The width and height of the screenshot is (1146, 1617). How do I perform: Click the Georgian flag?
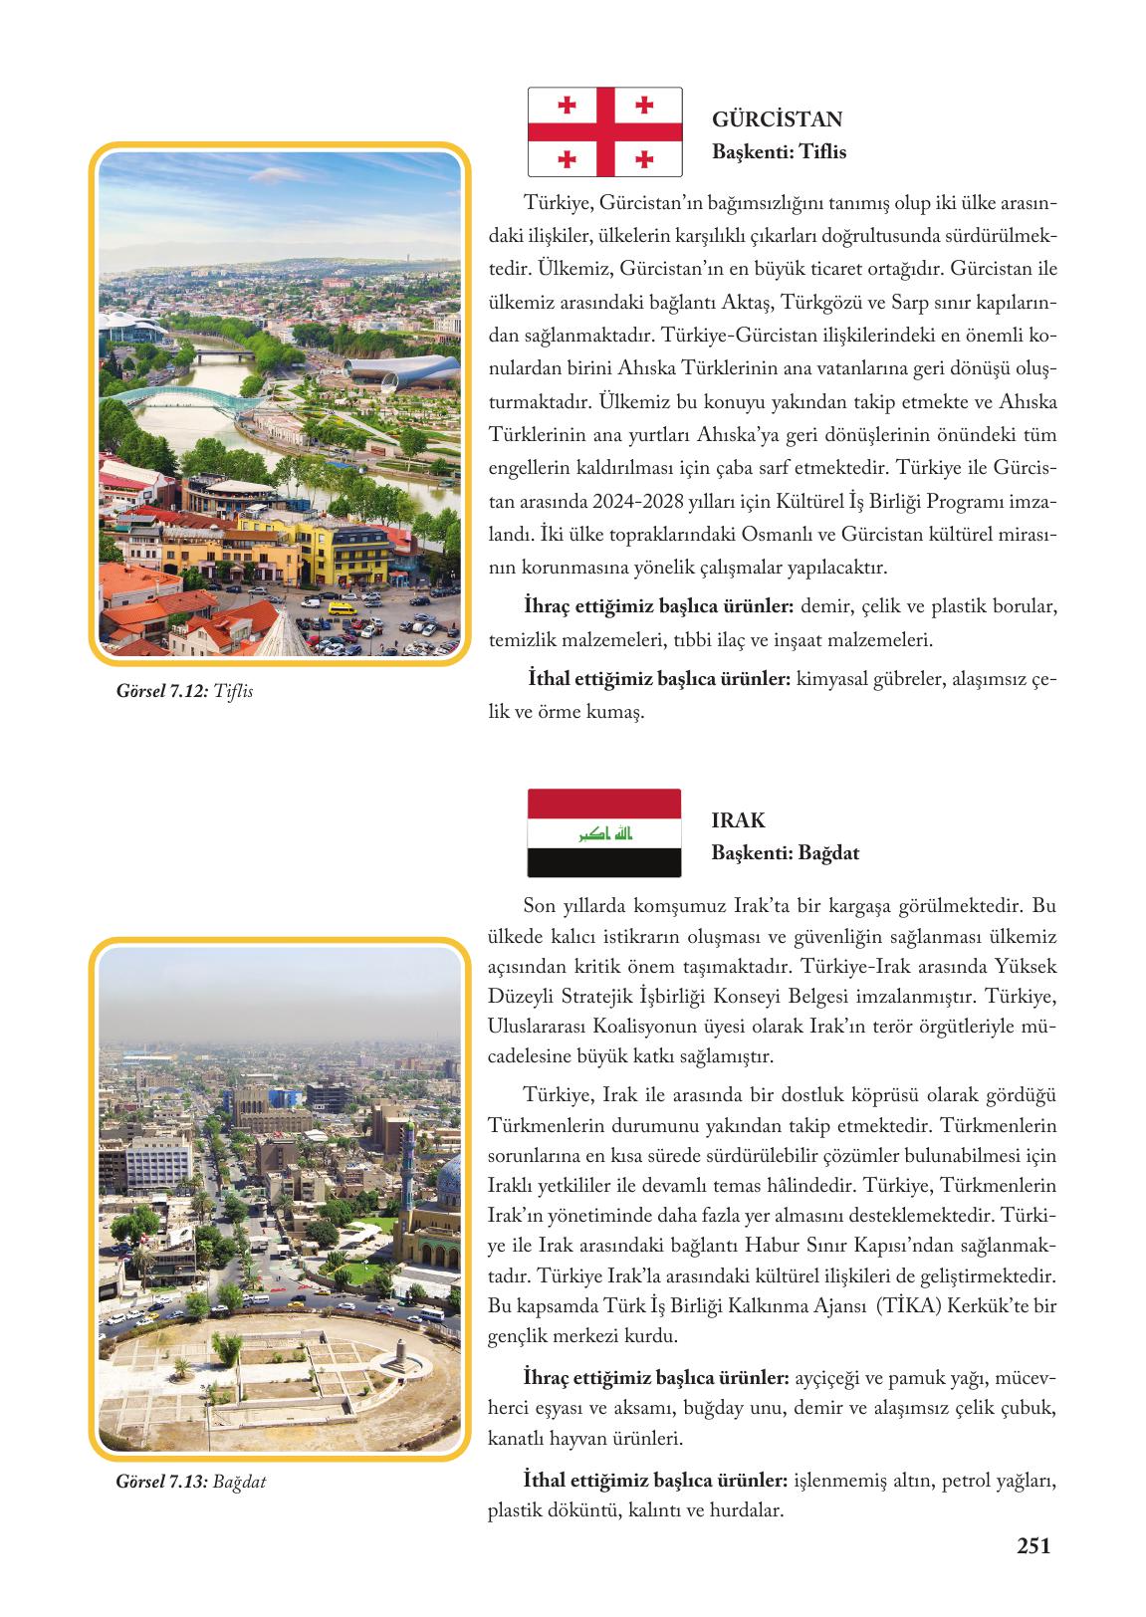pyautogui.click(x=604, y=131)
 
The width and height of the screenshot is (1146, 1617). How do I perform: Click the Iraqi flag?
pyautogui.click(x=604, y=832)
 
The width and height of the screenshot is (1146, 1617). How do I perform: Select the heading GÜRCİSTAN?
pyautogui.click(x=777, y=119)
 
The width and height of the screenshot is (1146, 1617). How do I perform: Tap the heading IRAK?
pyautogui.click(x=738, y=820)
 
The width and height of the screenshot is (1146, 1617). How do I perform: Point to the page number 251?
pyautogui.click(x=1033, y=1545)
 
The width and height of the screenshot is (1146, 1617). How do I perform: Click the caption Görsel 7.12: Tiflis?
pyautogui.click(x=184, y=690)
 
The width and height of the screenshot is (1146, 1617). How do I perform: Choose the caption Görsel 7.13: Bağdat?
pyautogui.click(x=190, y=1482)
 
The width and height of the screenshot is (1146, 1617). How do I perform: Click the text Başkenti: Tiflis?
pyautogui.click(x=779, y=152)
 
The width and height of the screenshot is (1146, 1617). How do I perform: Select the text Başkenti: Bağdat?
pyautogui.click(x=785, y=853)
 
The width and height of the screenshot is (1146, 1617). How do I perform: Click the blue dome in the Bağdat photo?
pyautogui.click(x=450, y=1180)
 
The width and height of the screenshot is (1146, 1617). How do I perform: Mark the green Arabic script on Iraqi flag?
pyautogui.click(x=605, y=832)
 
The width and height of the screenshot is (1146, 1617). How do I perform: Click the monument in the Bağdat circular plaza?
pyautogui.click(x=398, y=1351)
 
